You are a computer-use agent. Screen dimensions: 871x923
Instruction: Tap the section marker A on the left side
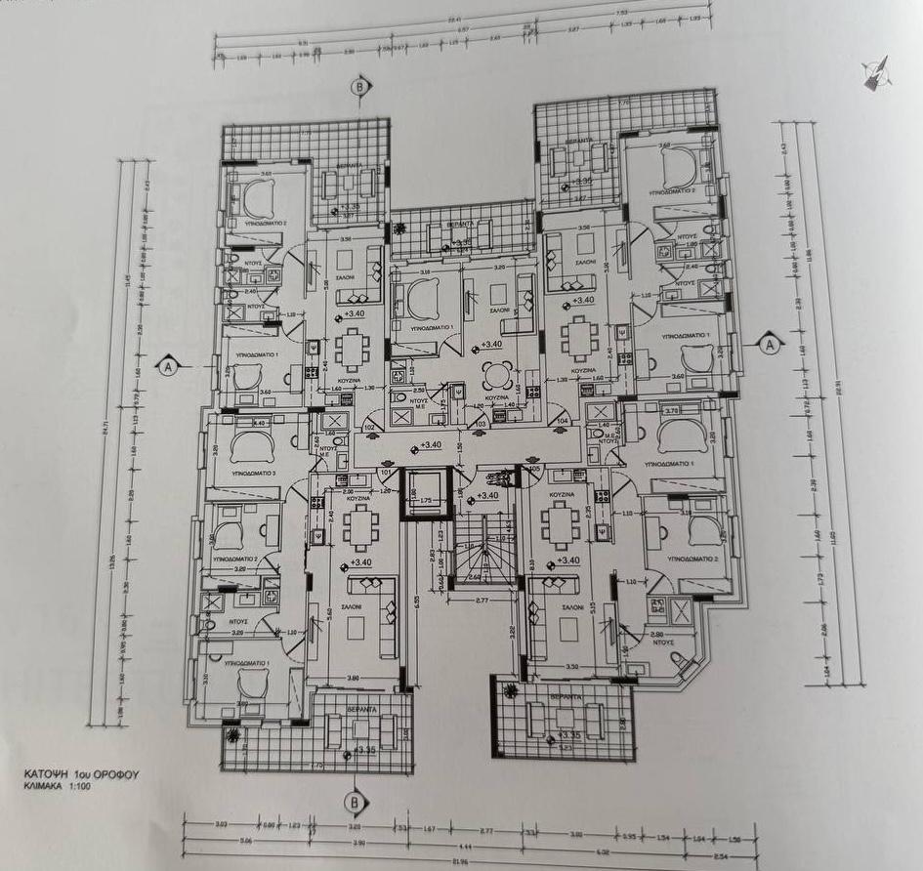coord(168,367)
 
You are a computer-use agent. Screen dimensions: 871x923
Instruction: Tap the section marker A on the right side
coord(770,344)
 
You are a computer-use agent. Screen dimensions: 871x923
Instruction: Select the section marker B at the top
coord(361,86)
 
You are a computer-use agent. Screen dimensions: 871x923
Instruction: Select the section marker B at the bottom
coord(351,802)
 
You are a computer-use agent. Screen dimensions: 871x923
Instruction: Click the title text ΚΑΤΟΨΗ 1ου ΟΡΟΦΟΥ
coord(82,771)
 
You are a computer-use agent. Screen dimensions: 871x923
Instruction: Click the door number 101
coord(385,473)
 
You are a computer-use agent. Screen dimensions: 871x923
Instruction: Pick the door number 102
coord(369,427)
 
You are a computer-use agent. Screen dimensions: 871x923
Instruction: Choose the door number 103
coord(479,424)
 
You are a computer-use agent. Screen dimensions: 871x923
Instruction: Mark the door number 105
coord(533,468)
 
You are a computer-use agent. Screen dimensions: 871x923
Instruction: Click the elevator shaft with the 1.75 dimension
coord(425,492)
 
